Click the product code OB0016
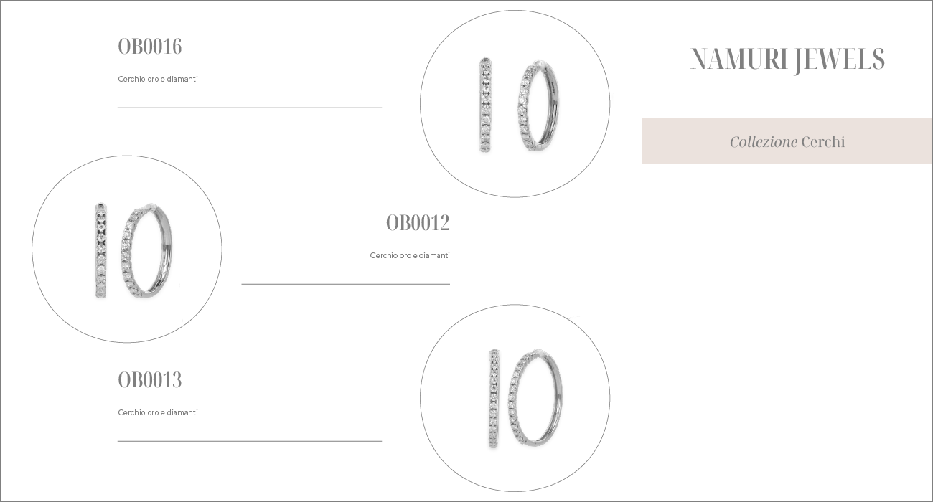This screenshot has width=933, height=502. pyautogui.click(x=149, y=47)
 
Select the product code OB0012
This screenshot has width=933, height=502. pyautogui.click(x=418, y=223)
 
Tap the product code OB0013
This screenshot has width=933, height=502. pyautogui.click(x=149, y=380)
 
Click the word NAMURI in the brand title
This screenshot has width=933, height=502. pyautogui.click(x=739, y=60)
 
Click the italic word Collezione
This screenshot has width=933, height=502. pyautogui.click(x=763, y=142)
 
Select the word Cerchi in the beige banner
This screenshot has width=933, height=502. pyautogui.click(x=823, y=142)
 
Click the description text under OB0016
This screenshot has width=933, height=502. pyautogui.click(x=158, y=79)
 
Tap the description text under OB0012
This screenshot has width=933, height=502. pyautogui.click(x=410, y=255)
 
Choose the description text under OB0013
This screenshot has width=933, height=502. pyautogui.click(x=158, y=412)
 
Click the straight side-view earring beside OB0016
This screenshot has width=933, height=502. pyautogui.click(x=486, y=105)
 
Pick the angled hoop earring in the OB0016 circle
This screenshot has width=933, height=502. pyautogui.click(x=538, y=106)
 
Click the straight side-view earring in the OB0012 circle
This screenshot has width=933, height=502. pyautogui.click(x=101, y=250)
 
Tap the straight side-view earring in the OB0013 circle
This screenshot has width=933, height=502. pyautogui.click(x=494, y=398)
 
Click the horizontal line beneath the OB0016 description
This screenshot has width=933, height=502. pyautogui.click(x=250, y=108)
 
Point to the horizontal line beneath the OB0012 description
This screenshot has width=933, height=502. pyautogui.click(x=345, y=284)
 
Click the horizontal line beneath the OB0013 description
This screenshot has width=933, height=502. pyautogui.click(x=250, y=441)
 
